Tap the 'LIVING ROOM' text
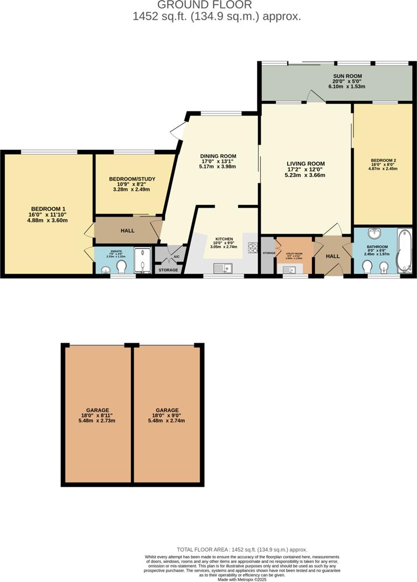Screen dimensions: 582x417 tap(305, 164)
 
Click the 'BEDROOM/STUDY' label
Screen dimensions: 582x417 tap(129, 178)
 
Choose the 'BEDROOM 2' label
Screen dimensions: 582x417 tap(383, 160)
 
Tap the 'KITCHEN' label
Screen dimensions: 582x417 tap(224, 238)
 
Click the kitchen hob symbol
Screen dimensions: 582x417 tap(252, 247)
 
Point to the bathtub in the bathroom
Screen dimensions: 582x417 tap(404, 251)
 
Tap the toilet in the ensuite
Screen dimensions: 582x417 tap(121, 266)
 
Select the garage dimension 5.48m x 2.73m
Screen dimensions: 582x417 tap(98, 421)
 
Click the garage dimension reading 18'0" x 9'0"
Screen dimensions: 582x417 tap(168, 415)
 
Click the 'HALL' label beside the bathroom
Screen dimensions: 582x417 tap(333, 256)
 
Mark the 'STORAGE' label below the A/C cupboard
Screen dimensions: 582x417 tap(168, 269)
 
